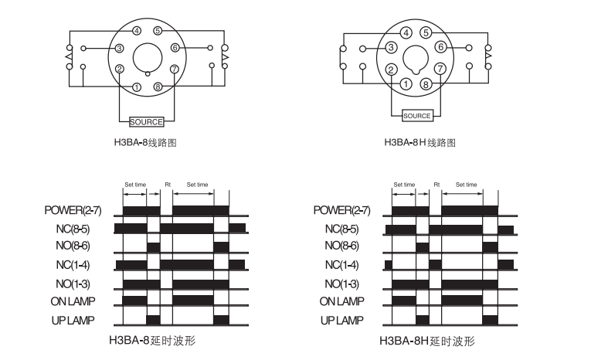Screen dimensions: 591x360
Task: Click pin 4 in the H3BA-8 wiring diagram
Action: point(137,31)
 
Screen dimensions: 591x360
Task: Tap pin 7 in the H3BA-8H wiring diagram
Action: point(440,69)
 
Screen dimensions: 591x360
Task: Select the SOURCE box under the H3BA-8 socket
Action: point(146,122)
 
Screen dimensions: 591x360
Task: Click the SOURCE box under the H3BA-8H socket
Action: point(417,116)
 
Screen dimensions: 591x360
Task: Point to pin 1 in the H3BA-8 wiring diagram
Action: point(137,87)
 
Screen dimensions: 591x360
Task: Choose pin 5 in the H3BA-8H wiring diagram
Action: point(426,32)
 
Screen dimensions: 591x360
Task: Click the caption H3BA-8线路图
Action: point(145,142)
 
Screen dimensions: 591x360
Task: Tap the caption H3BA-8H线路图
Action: point(420,142)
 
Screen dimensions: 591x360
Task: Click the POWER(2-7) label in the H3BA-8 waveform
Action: point(73,210)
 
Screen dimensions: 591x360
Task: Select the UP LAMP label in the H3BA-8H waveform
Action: point(342,321)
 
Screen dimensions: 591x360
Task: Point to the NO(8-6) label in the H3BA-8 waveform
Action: point(73,246)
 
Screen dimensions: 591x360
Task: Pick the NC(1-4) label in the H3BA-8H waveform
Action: point(342,265)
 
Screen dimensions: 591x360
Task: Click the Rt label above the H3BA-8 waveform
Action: point(168,185)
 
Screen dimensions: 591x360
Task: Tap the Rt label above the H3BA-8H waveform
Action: point(436,185)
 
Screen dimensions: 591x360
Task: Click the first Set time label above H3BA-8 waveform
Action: point(135,185)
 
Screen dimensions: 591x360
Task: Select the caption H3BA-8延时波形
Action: point(152,341)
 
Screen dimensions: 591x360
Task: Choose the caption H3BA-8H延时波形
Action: point(427,341)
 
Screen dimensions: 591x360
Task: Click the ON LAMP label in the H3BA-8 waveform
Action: point(73,301)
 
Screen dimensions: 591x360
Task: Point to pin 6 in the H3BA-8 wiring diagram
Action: point(175,47)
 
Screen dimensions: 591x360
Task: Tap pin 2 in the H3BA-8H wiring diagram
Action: point(391,70)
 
